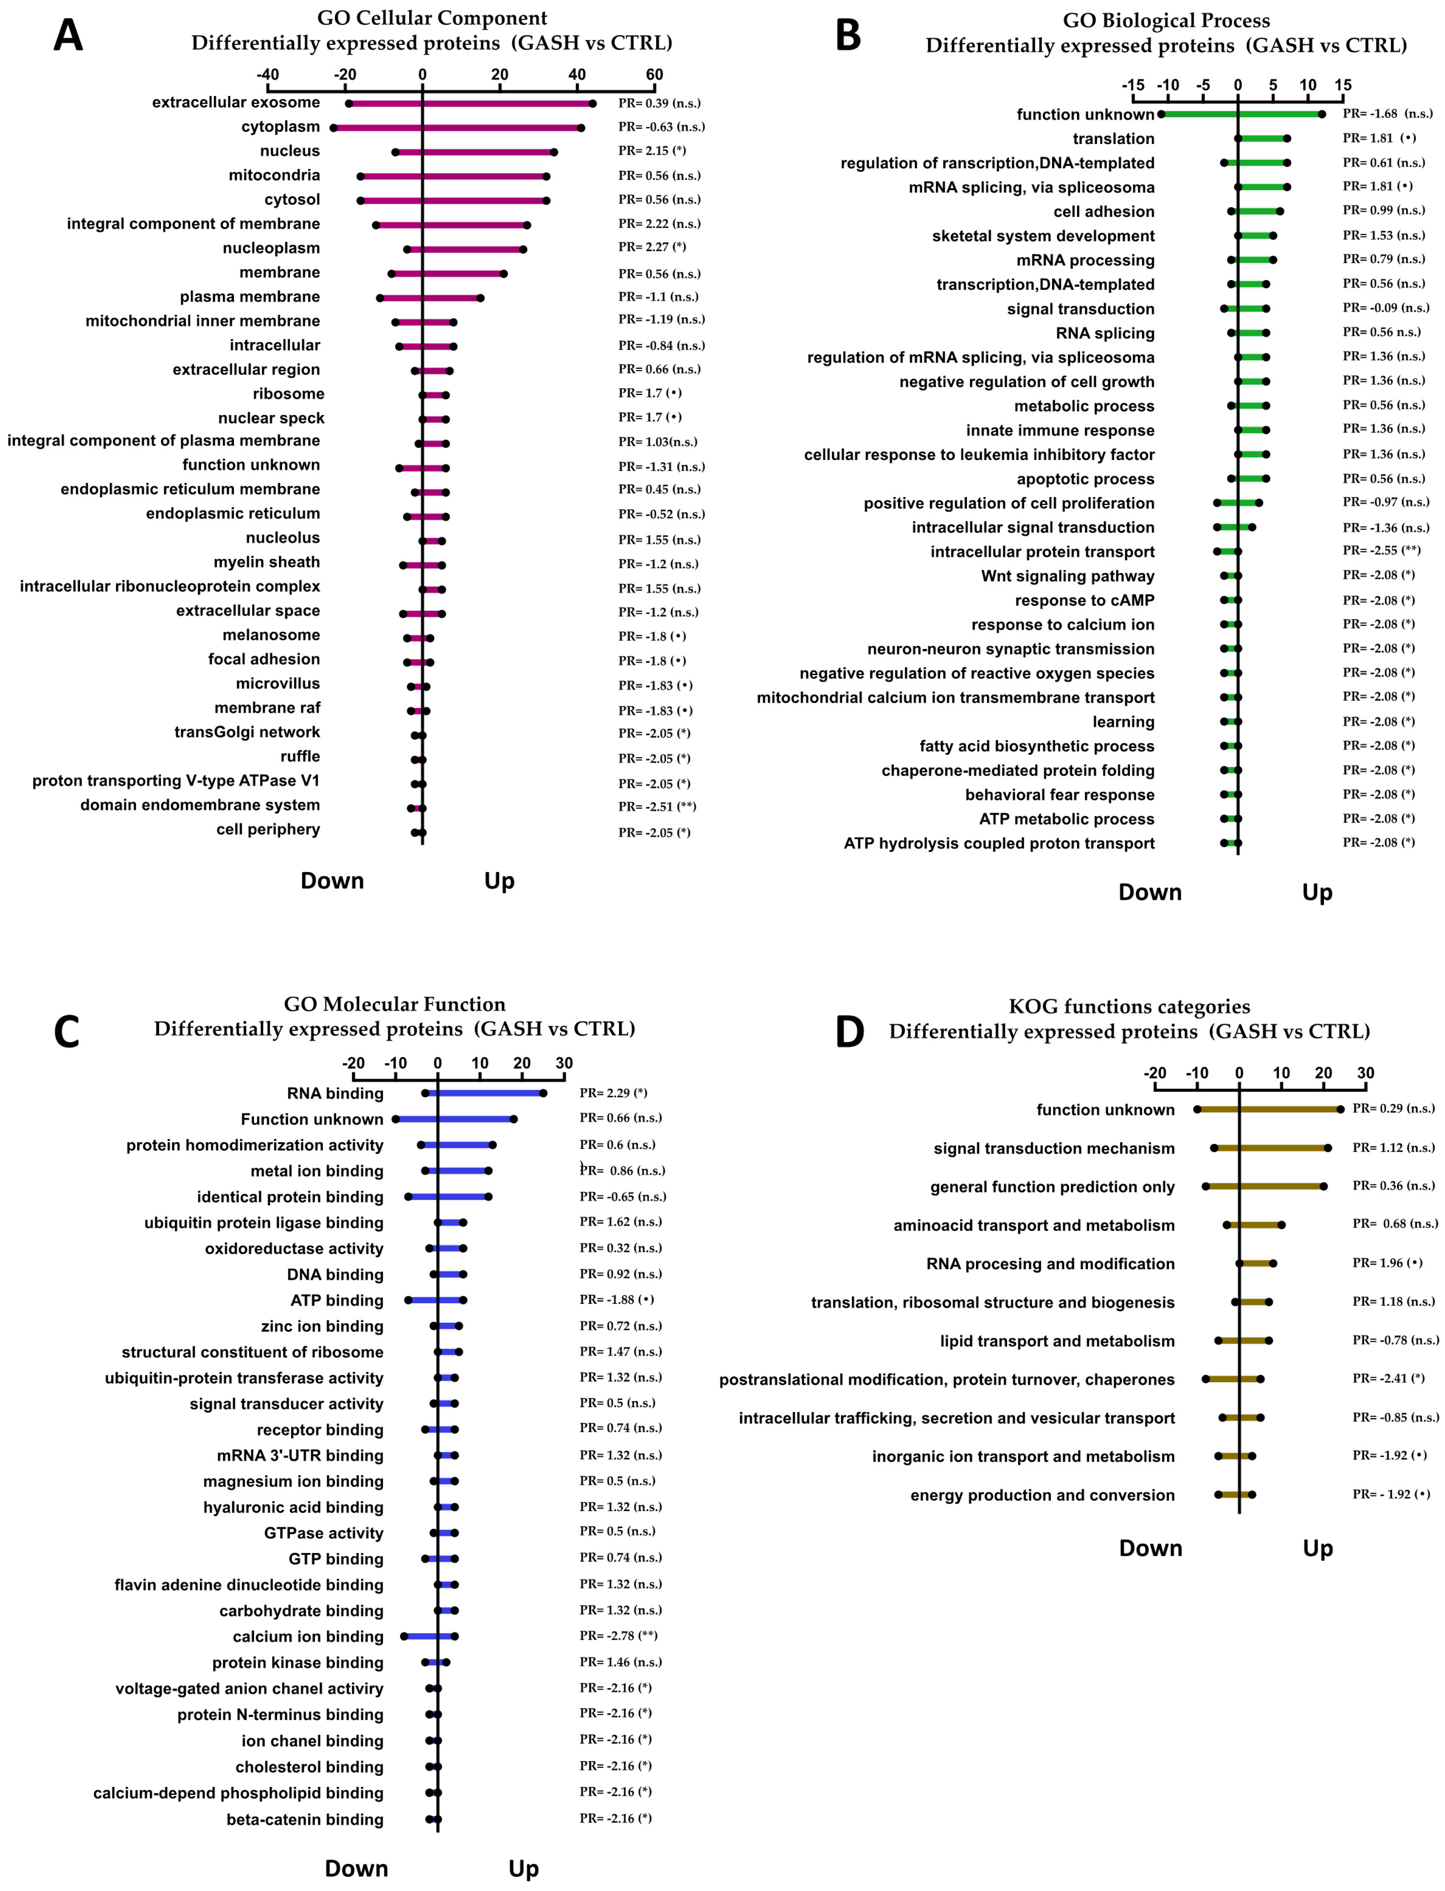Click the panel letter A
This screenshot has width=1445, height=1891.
point(68,36)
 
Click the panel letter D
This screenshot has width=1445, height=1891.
point(850,1032)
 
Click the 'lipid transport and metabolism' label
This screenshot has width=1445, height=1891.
point(1057,1340)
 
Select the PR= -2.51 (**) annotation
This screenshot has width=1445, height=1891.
point(657,806)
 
